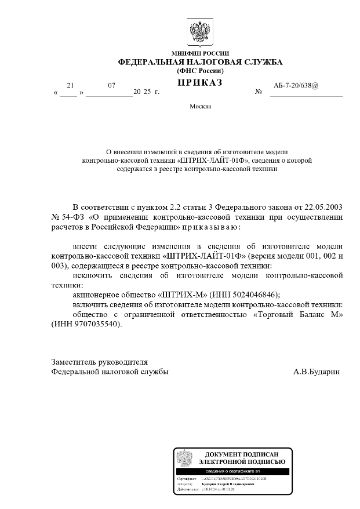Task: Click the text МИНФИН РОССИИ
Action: coord(179,50)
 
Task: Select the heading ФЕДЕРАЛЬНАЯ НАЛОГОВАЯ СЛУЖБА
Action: coord(179,61)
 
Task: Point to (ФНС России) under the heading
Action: coord(179,71)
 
